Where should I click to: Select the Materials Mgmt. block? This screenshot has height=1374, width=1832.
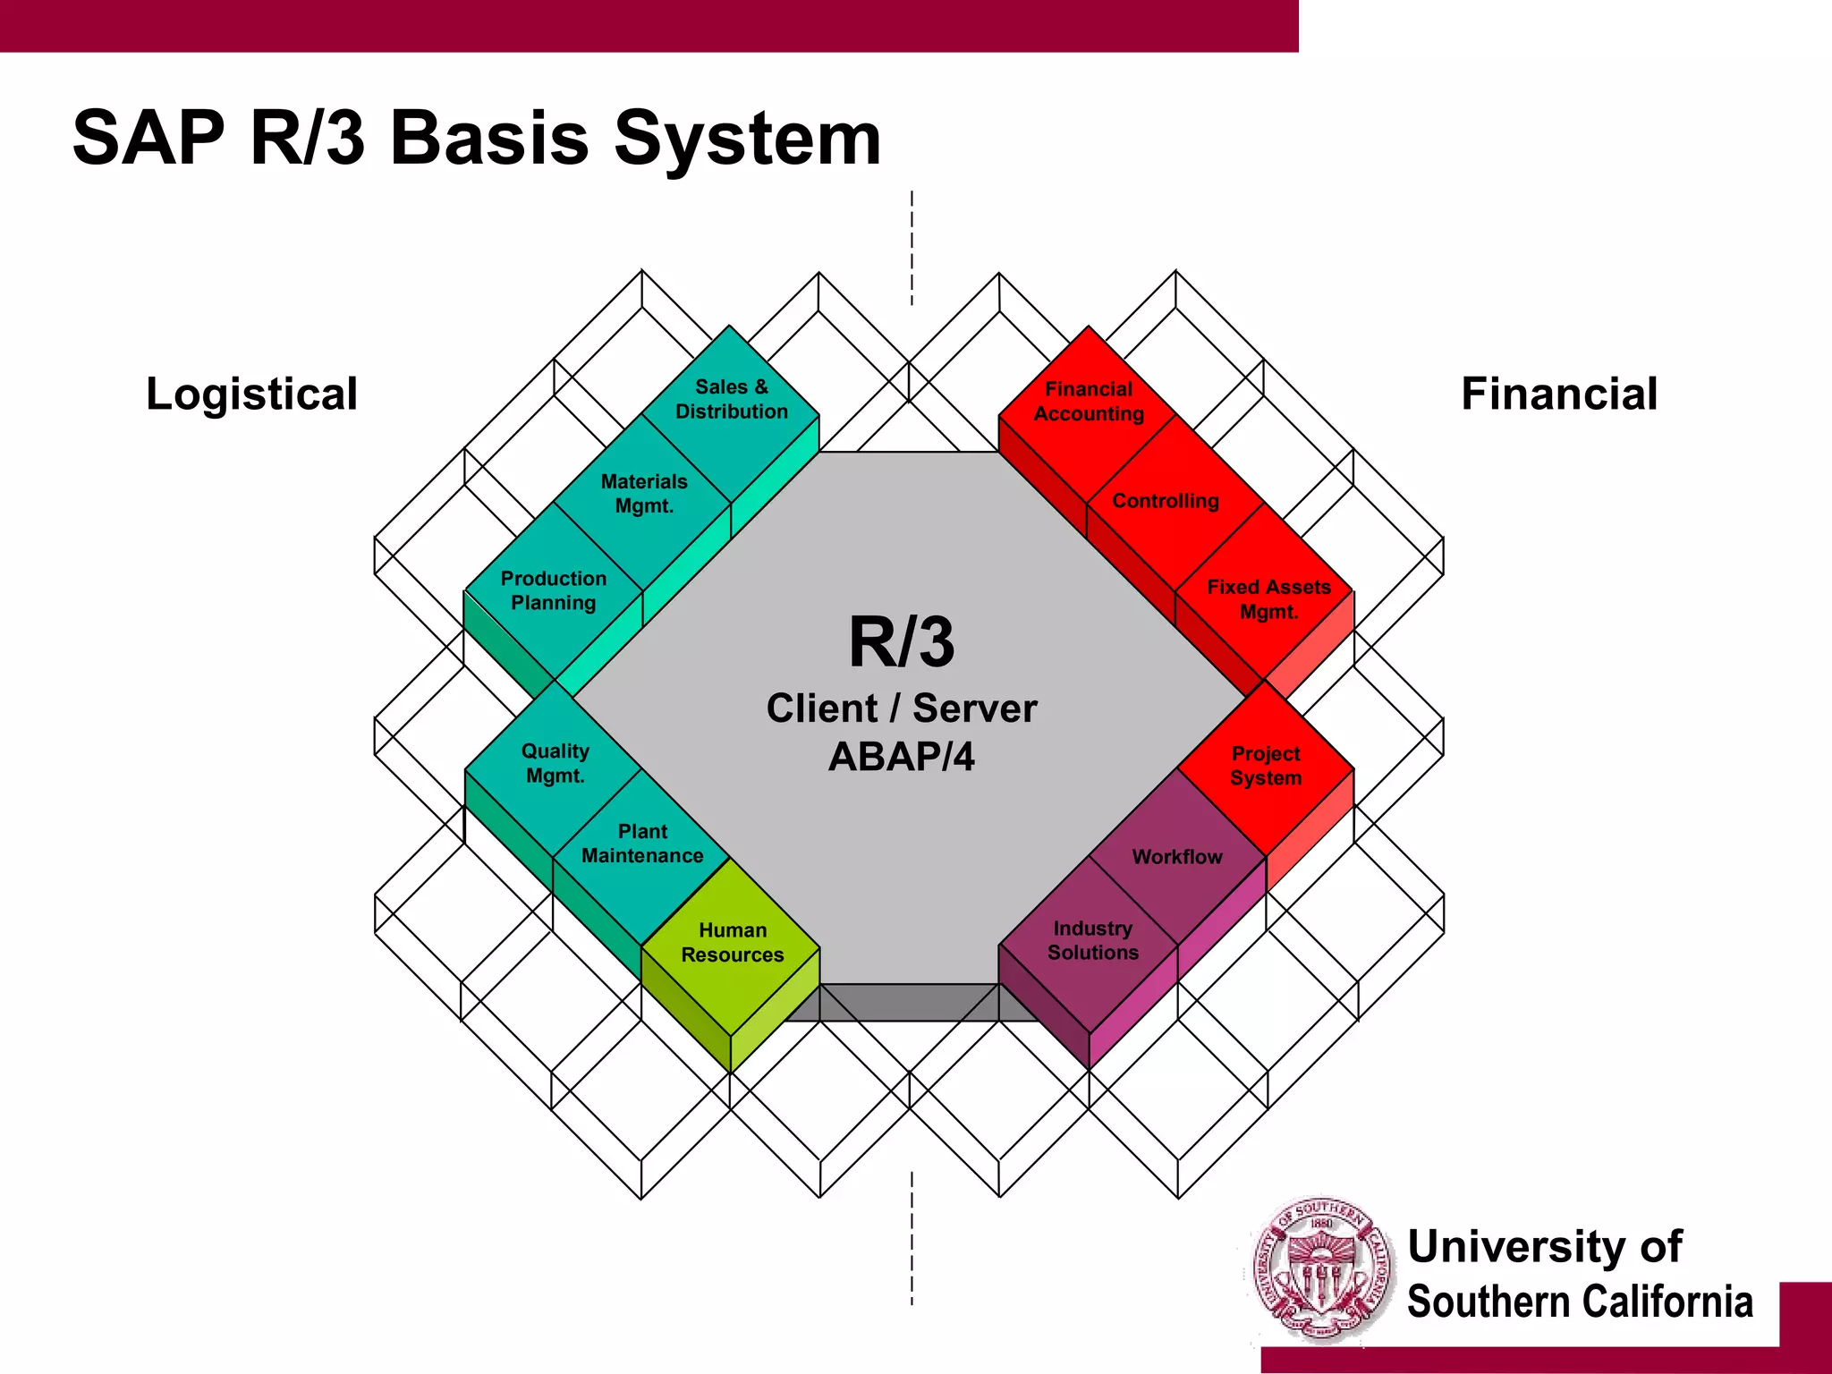(644, 494)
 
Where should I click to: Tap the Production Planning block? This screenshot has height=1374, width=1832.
(554, 590)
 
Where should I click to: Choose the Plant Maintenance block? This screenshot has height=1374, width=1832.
(642, 844)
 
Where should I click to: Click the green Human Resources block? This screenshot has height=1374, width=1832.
(732, 943)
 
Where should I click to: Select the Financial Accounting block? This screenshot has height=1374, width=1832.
(1089, 402)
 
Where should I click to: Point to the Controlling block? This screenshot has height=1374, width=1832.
(1166, 501)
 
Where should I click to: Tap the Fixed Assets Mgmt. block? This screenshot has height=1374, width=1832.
(1268, 599)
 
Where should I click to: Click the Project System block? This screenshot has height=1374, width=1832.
(1266, 766)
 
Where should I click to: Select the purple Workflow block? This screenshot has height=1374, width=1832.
(1177, 857)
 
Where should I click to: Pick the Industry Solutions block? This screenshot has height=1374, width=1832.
(1092, 941)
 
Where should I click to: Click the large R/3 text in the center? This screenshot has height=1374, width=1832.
(902, 642)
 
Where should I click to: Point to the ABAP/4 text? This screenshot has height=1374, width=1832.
(902, 757)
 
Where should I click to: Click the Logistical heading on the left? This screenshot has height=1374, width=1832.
(251, 394)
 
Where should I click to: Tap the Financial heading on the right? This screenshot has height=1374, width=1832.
(1559, 394)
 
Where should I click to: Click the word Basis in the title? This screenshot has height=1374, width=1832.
(489, 139)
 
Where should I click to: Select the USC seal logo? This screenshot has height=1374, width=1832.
(1322, 1271)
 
